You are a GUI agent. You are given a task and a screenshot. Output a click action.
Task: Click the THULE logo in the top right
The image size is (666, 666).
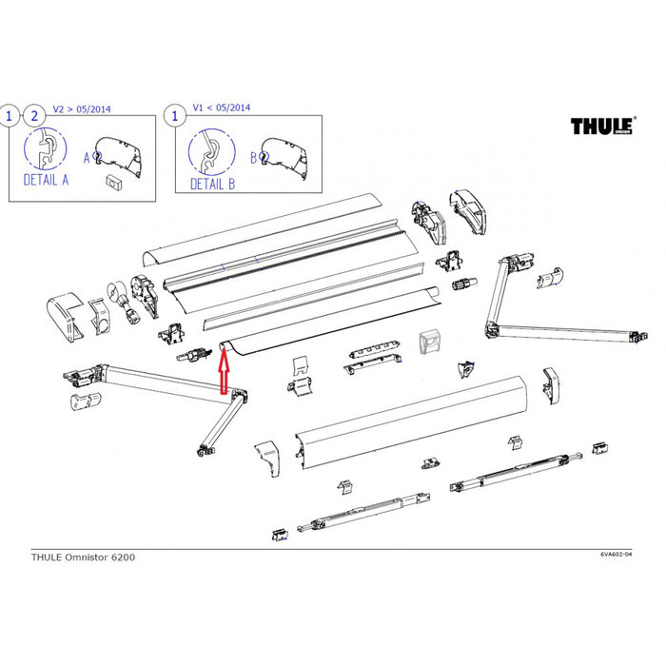click(602, 127)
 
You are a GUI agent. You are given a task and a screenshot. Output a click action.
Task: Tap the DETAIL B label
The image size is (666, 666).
click(212, 183)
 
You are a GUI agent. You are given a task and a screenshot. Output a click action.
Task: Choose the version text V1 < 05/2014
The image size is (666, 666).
click(222, 108)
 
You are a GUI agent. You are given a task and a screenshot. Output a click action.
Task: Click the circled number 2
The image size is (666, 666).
click(35, 116)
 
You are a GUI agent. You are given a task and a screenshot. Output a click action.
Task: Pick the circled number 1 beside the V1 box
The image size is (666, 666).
click(175, 116)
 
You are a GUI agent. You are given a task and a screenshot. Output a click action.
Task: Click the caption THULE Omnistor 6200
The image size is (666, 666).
click(74, 558)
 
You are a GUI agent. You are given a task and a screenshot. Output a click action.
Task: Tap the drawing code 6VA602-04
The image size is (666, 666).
click(619, 554)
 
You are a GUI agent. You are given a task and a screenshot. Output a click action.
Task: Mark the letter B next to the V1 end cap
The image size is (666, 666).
click(253, 156)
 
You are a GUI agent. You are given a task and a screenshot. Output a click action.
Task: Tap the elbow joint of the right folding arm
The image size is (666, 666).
click(493, 330)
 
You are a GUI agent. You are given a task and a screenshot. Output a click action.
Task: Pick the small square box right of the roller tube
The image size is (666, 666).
click(430, 342)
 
